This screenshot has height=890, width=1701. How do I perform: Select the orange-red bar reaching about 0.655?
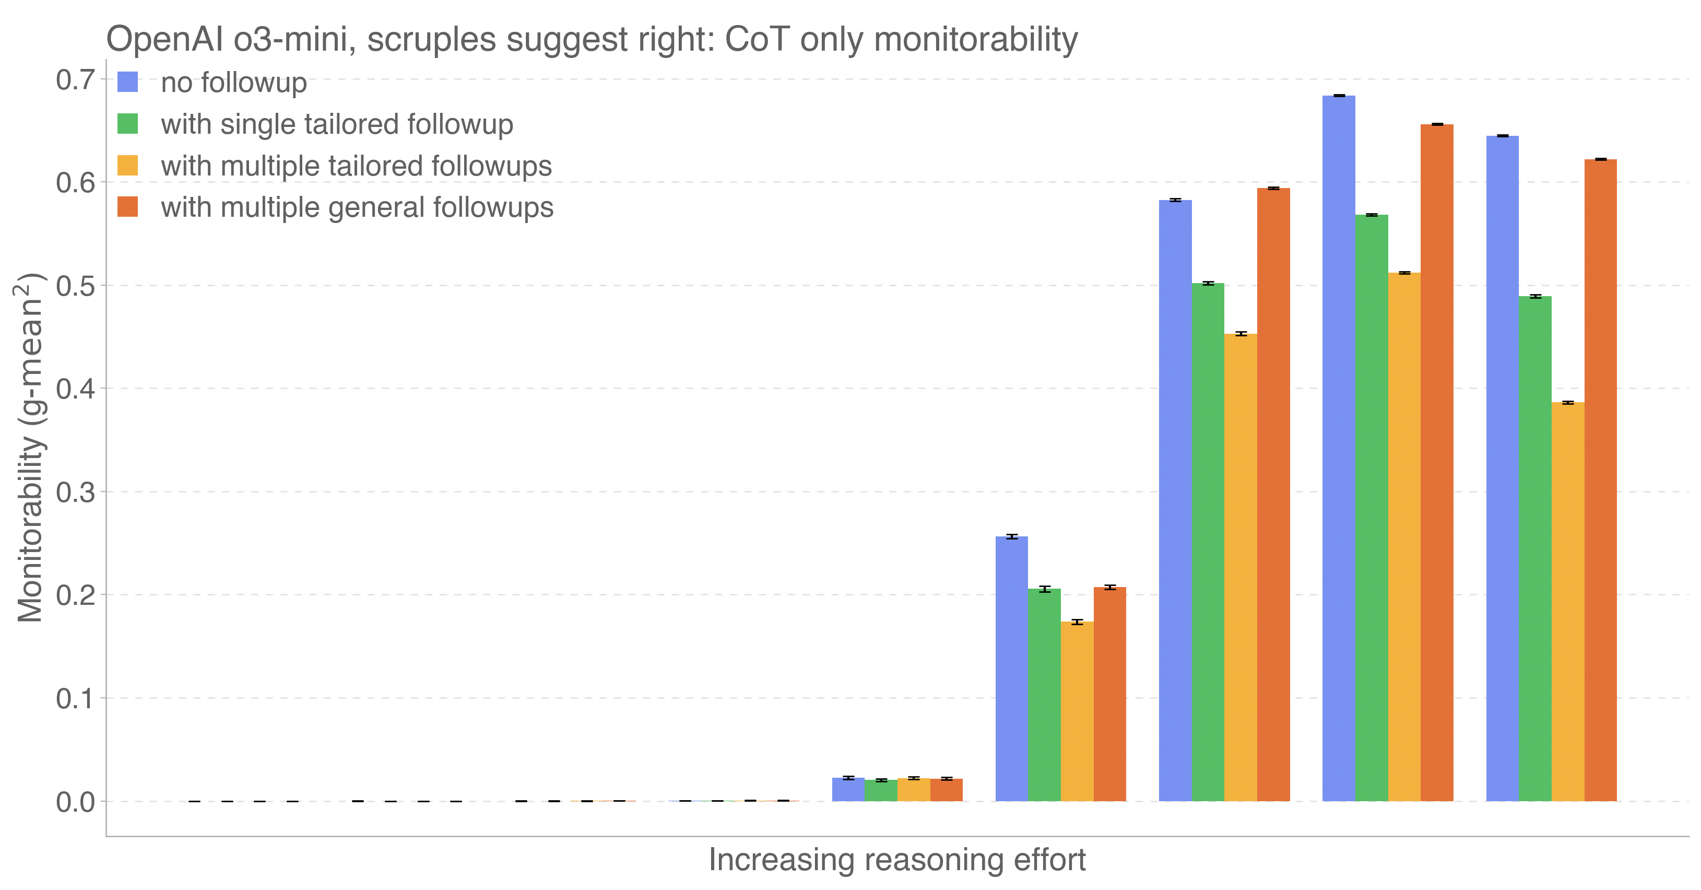point(1436,463)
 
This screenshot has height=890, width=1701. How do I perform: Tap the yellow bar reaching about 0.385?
point(1568,601)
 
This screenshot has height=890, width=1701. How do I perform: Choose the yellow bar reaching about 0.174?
point(1077,711)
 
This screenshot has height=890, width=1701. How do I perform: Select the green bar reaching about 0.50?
point(1208,542)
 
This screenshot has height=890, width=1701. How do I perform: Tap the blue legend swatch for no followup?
point(127,82)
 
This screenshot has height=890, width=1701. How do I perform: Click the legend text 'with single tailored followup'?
point(337,124)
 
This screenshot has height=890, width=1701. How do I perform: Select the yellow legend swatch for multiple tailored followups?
point(127,165)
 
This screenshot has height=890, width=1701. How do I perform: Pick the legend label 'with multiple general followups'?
point(357,207)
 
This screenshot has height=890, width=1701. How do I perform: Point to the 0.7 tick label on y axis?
point(75,80)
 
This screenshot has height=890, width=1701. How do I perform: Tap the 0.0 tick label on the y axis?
point(75,802)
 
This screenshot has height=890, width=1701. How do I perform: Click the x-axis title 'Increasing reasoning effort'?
point(897,860)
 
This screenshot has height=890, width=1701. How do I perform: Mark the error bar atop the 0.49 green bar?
point(1535,297)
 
